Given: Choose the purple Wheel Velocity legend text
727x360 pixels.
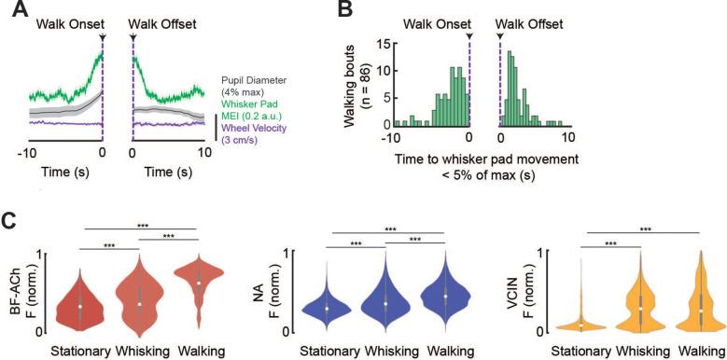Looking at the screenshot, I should [x=261, y=132].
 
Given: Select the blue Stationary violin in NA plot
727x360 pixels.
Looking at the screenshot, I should [x=328, y=303].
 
